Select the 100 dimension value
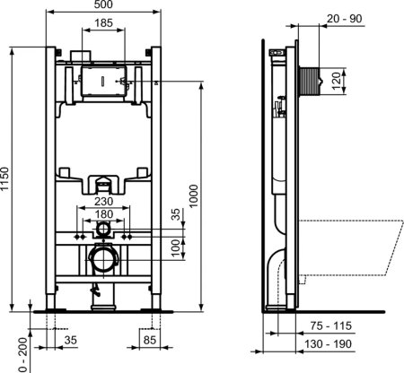tap(176, 247)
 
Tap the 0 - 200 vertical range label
tap(9, 349)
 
